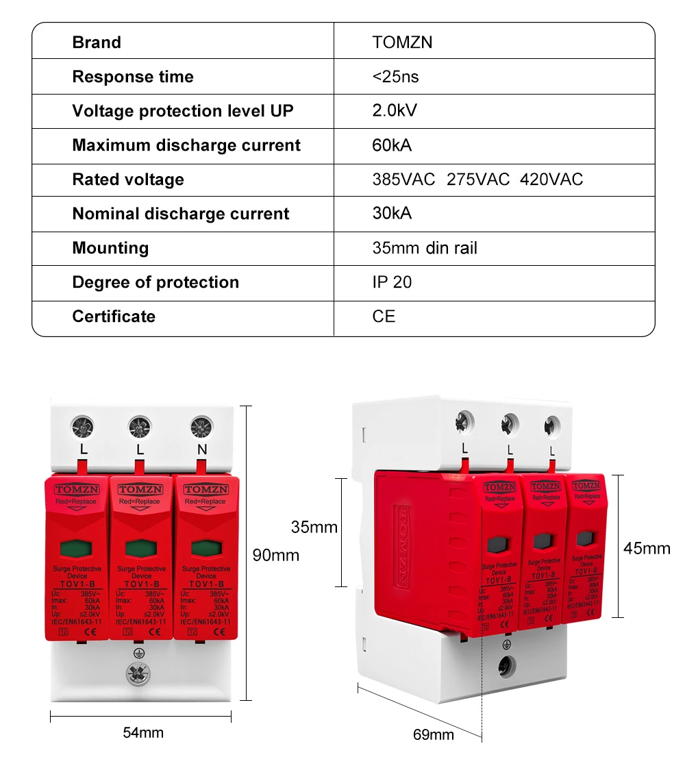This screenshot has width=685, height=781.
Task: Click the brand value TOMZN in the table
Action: click(402, 42)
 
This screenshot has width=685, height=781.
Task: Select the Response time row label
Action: click(133, 77)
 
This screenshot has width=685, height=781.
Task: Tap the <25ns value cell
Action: click(395, 77)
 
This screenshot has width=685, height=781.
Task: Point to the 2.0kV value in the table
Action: click(395, 111)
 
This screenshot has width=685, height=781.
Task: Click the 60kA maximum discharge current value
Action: click(392, 145)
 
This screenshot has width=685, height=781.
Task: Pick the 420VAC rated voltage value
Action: click(551, 179)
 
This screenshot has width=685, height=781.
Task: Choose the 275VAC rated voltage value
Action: click(478, 179)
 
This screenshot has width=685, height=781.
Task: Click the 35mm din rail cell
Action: click(425, 248)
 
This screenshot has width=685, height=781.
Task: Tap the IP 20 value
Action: click(392, 282)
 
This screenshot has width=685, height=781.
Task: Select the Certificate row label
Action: click(114, 317)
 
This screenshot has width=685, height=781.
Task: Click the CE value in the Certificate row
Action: click(384, 317)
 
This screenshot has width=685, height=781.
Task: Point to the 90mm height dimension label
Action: click(276, 555)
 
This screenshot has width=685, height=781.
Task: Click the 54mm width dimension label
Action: click(143, 732)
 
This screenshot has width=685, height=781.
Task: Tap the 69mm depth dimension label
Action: click(433, 734)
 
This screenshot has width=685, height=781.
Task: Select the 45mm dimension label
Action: click(647, 548)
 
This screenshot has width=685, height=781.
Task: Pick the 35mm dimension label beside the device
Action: click(314, 527)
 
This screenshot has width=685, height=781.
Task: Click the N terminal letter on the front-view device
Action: click(201, 449)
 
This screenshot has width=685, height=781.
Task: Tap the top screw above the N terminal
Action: click(201, 426)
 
